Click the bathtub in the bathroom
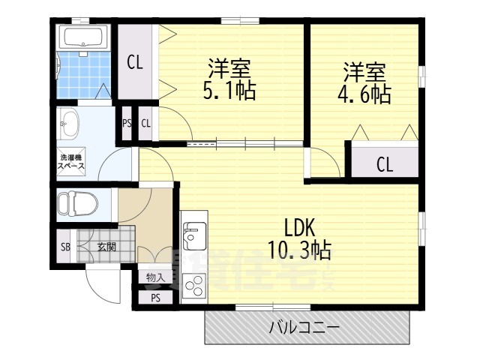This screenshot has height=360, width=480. pyautogui.click(x=83, y=37)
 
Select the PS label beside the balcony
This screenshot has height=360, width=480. pyautogui.click(x=155, y=298)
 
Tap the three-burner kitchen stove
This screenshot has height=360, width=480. pyautogui.click(x=193, y=286)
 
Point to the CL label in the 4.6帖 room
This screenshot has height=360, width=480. pyautogui.click(x=384, y=164)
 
